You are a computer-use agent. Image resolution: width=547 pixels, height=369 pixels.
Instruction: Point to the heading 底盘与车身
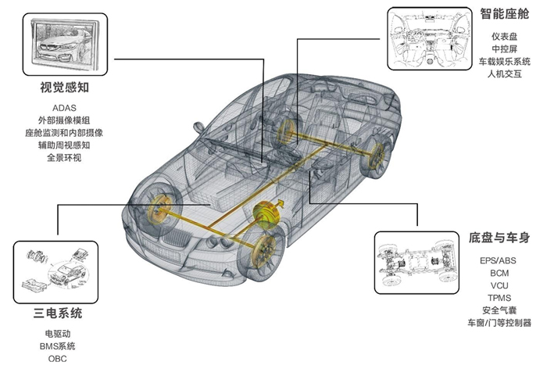pyautogui.click(x=499, y=237)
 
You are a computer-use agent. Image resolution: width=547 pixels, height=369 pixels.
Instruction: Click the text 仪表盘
pyautogui.click(x=506, y=35)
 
